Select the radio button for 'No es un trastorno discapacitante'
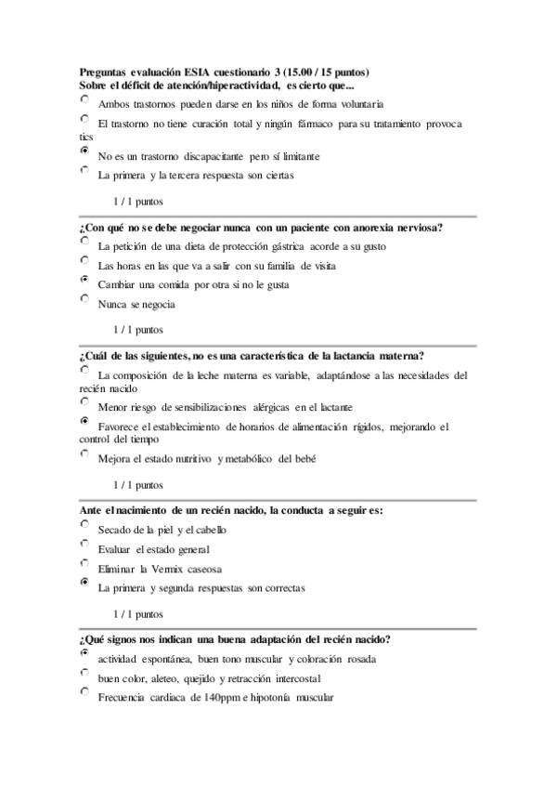[85, 149]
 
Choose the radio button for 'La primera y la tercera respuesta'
[85, 169]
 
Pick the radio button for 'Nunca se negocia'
[85, 298]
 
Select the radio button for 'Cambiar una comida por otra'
[85, 279]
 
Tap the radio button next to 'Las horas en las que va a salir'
[85, 259]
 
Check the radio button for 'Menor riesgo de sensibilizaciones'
[85, 401]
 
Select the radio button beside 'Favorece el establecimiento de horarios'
[85, 421]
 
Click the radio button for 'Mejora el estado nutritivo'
[85, 453]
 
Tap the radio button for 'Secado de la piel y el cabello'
[85, 524]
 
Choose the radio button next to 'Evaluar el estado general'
[85, 543]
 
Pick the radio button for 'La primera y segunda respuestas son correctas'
[85, 582]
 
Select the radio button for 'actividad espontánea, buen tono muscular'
[85, 652]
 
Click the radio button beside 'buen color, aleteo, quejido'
[85, 672]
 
